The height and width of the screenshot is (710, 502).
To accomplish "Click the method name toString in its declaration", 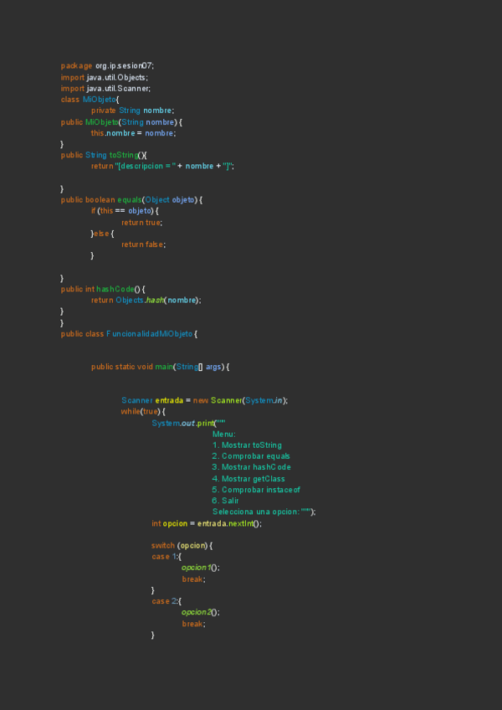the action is [x=124, y=155].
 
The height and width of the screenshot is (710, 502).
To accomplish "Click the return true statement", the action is [x=141, y=222].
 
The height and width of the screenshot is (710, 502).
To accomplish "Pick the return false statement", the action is [x=142, y=244].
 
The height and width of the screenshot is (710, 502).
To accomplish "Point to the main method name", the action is [x=163, y=367].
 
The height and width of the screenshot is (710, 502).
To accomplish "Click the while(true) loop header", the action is [x=143, y=411].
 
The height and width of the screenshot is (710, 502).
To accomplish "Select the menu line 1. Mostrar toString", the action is [x=247, y=445].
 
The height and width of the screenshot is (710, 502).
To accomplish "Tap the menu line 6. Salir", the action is [x=226, y=500].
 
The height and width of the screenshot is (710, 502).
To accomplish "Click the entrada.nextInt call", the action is [x=225, y=523].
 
